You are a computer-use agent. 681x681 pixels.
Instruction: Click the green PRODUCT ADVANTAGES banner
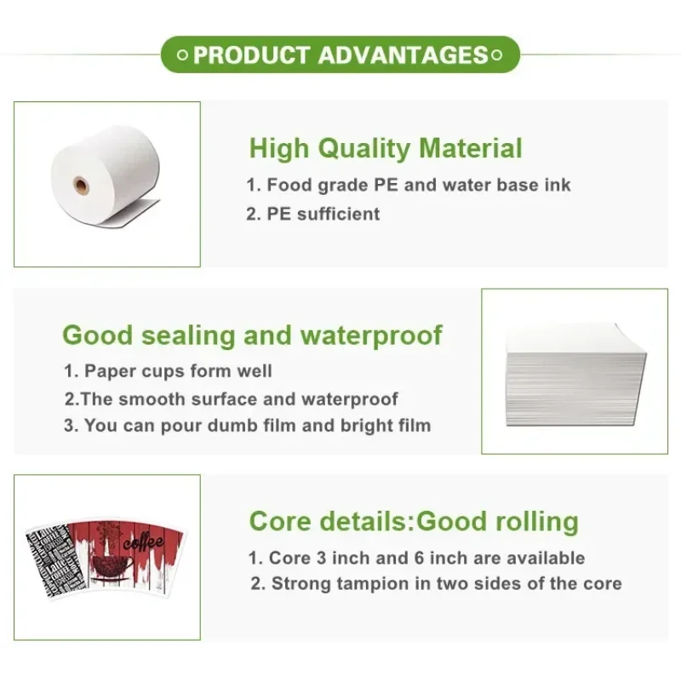coord(340,54)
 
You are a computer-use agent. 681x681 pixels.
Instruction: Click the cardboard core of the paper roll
coord(81,186)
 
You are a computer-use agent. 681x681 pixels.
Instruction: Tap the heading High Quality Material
coord(386,148)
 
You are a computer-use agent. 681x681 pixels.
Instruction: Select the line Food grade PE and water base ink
coord(409,185)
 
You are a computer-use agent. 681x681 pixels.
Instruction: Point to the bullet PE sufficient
coord(312,214)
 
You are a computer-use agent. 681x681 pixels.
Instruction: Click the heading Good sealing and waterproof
coord(252,335)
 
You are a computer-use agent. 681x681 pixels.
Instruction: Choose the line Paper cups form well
coord(168,371)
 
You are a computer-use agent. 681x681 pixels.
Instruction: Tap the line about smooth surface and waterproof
coord(231,399)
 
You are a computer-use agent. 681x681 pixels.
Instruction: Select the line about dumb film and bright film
coord(248,426)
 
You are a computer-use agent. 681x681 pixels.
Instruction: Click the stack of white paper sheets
coord(576,375)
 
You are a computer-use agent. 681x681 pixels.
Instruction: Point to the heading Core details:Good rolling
coord(414,521)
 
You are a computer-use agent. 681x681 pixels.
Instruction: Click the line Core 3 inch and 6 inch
coord(416,558)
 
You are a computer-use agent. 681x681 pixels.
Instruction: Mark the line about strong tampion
coord(436,584)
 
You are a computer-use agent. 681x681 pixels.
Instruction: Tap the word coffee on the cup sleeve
coord(144,541)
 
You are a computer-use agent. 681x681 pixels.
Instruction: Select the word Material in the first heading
coord(471,148)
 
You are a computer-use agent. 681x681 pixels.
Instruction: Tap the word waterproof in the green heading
coord(371,335)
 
